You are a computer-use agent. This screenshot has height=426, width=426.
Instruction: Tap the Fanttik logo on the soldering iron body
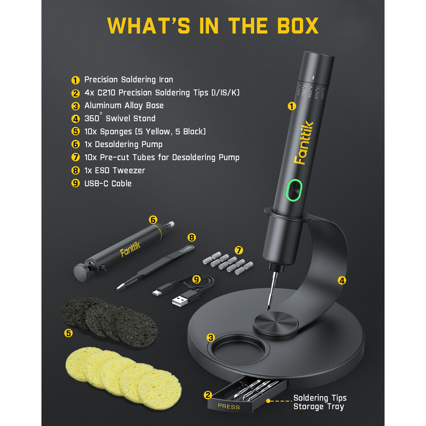point(304,143)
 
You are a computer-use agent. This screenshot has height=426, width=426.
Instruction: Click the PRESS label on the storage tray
point(229,407)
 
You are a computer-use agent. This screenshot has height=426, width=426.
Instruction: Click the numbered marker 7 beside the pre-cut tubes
point(239,250)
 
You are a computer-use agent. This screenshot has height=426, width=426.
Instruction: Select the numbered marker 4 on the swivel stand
point(342,280)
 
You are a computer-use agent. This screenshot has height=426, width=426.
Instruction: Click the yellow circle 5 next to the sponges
point(68,333)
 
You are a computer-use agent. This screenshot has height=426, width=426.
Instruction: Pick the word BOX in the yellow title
point(298,26)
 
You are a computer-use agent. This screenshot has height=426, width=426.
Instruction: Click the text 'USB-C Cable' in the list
point(108,183)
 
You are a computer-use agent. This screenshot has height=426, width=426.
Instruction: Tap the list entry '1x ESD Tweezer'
point(115,170)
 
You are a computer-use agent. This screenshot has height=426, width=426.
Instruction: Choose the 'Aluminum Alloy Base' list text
point(124,106)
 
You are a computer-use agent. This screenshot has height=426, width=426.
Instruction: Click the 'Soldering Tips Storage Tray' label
point(320,402)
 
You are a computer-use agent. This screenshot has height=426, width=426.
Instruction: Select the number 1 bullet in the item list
point(75,80)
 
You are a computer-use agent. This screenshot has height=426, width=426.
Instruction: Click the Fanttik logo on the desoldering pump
point(130,249)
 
